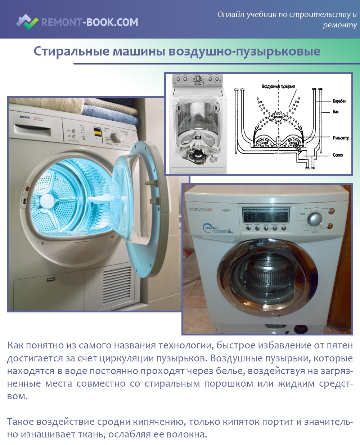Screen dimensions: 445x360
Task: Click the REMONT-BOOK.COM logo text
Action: [90, 22]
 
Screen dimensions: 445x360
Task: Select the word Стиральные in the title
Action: [71, 51]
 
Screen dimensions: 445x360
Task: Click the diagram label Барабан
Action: [339, 101]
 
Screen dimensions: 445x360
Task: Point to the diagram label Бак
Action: [336, 112]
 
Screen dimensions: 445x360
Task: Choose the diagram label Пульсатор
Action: [341, 138]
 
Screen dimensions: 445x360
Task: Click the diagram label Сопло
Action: [338, 155]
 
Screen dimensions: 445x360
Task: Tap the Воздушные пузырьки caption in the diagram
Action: [278, 86]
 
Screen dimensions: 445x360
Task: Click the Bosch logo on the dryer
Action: [25, 117]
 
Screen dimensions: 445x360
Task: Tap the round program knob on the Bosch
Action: [117, 137]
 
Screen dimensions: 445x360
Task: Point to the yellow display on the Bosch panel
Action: [97, 132]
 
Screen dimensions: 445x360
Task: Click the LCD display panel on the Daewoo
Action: [266, 215]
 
